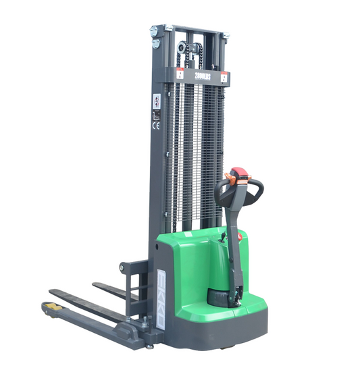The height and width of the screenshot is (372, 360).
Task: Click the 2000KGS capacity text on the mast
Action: [201, 77]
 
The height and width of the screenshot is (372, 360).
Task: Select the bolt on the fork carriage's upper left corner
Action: [122, 268]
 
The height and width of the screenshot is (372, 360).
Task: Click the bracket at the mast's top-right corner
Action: [225, 35]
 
